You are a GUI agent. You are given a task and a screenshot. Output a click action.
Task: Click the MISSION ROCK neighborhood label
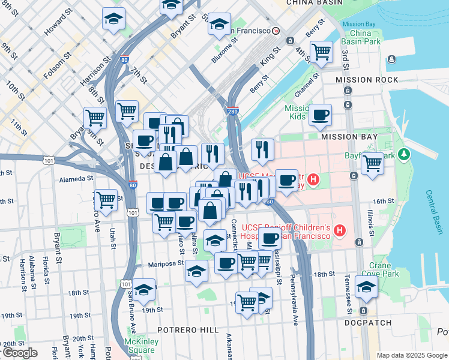click(367, 80)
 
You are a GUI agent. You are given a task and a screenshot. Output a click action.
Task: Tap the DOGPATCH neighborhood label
click(368, 323)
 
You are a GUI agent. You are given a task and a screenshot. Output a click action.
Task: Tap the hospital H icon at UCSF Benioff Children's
click(340, 230)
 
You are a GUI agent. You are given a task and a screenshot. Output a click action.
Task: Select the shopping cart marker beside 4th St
click(321, 52)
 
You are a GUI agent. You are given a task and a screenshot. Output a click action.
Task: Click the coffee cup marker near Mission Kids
click(320, 115)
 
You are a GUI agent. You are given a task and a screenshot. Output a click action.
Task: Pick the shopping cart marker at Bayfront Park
click(373, 162)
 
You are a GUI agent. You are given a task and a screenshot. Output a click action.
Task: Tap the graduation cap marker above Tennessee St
click(366, 287)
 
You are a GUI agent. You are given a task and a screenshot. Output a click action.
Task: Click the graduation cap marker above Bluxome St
click(219, 25)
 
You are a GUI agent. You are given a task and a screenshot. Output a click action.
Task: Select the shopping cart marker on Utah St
click(106, 199)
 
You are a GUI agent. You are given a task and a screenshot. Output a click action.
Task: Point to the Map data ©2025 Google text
click(411, 355)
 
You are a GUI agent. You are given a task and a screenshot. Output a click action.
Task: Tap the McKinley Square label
click(142, 346)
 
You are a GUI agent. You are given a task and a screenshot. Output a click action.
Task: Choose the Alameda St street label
click(76, 178)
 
